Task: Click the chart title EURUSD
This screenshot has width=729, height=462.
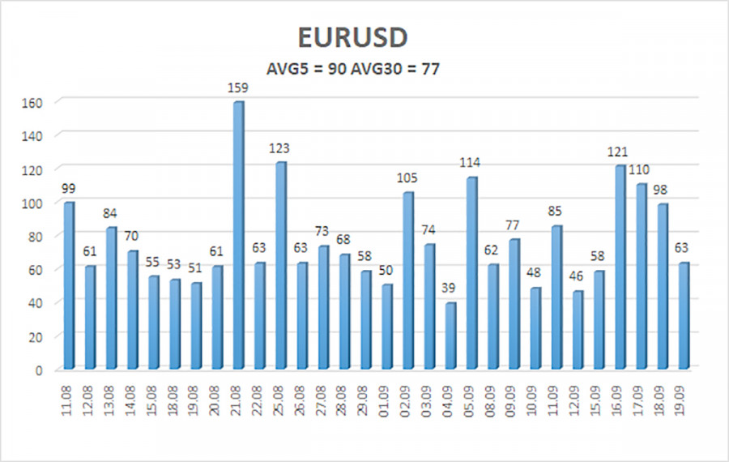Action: coord(364,37)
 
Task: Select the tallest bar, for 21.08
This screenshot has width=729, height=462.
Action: coord(238,235)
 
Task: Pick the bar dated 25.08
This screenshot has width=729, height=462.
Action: coord(280,266)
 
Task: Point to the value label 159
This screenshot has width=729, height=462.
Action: coord(238,87)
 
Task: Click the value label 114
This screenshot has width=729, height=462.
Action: coord(471,162)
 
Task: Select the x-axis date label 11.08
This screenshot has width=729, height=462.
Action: coord(69,402)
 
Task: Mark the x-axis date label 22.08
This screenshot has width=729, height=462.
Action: coord(259,402)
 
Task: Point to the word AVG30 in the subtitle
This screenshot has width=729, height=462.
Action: coord(383,70)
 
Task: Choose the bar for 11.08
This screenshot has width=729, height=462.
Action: coord(69,285)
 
